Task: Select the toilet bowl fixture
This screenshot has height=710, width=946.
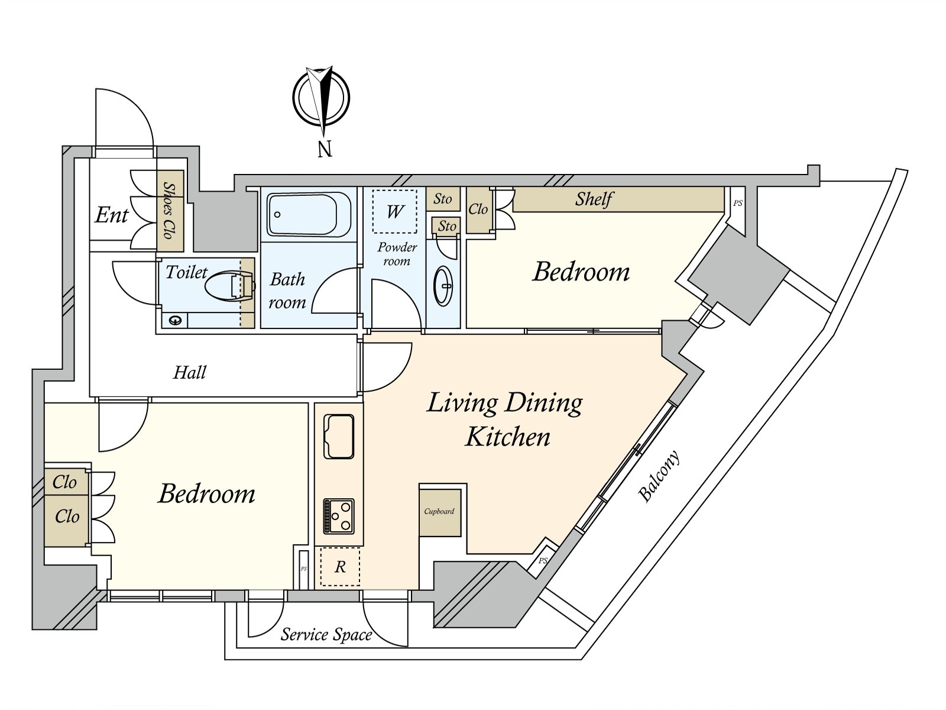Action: [229, 288]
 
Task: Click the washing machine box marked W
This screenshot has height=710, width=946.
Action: [395, 211]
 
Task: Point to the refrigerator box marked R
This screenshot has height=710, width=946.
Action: [340, 567]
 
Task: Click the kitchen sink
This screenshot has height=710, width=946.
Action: [339, 437]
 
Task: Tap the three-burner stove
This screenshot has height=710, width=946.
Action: [339, 515]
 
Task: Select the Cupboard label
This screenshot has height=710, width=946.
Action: [439, 512]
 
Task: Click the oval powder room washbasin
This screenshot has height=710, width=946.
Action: [443, 286]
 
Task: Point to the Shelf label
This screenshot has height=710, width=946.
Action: [594, 199]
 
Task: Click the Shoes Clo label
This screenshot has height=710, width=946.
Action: [170, 211]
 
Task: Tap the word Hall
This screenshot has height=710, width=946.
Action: [190, 373]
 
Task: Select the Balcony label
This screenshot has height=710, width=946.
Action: [659, 477]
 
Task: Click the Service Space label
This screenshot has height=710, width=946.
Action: [326, 635]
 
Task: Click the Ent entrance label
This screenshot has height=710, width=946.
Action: [111, 215]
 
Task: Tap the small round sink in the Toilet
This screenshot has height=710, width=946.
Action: [175, 320]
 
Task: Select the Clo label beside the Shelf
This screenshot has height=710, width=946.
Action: [478, 209]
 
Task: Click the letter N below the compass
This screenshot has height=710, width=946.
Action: [325, 149]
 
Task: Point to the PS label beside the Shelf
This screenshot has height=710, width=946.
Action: [737, 204]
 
